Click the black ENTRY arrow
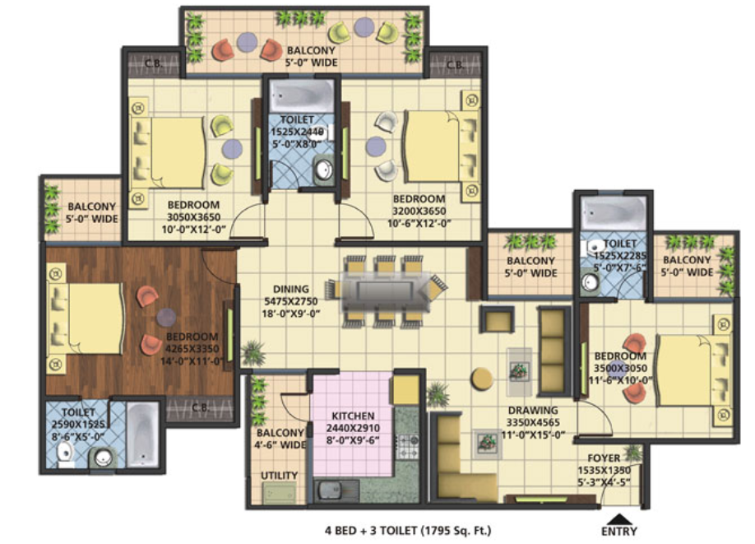tap(618, 519)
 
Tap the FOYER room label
tap(604, 458)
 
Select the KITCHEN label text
tap(353, 416)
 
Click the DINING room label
tap(291, 289)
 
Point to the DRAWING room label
tap(533, 411)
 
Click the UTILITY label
tap(279, 476)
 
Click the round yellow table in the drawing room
tap(482, 379)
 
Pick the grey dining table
tap(385, 291)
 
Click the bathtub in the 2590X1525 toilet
tap(142, 435)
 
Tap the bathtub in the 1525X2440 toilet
tap(301, 96)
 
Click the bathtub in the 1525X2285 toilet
tap(613, 213)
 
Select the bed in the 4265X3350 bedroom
tap(86, 318)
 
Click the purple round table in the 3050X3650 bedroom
tap(232, 148)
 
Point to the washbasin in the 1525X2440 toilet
tap(323, 170)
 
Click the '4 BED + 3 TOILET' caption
tap(370, 531)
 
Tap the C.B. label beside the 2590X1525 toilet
tap(201, 407)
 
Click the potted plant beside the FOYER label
tap(633, 453)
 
